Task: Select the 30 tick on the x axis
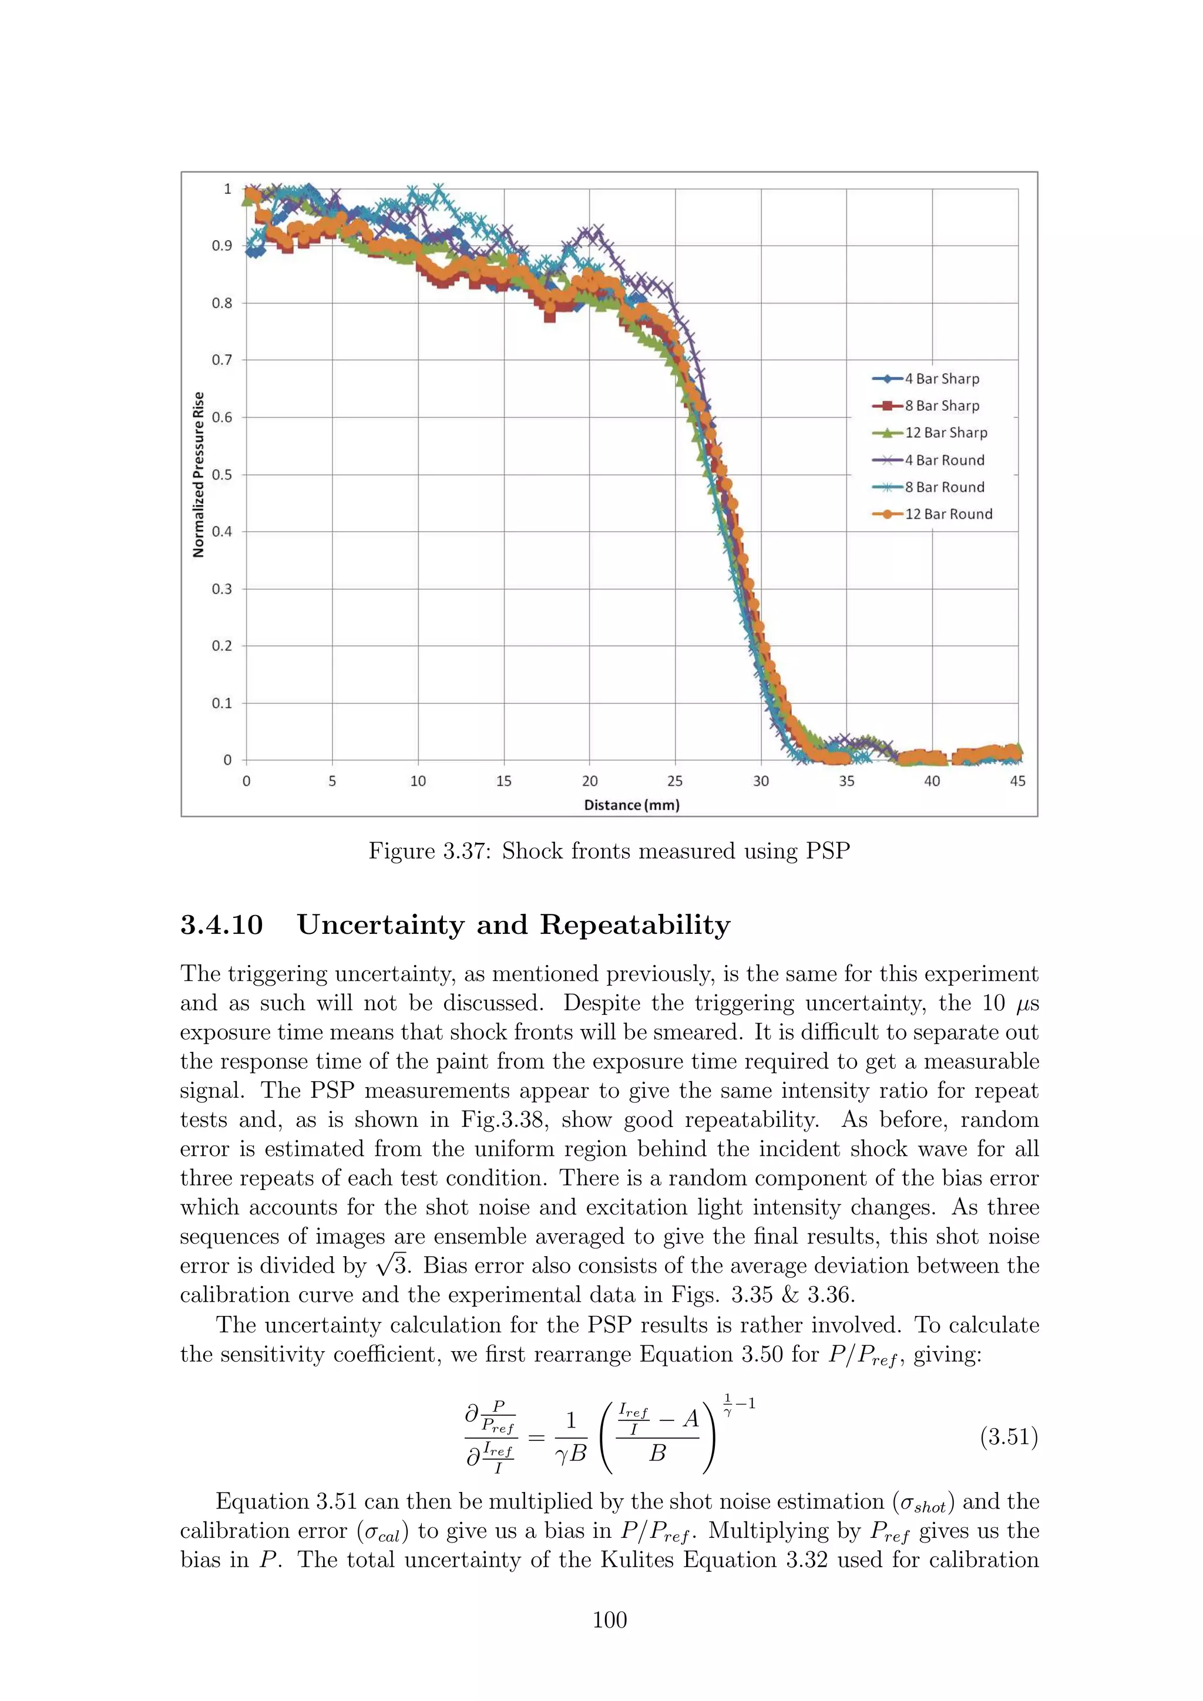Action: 761,781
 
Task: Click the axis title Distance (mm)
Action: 631,805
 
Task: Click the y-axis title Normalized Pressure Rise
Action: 198,474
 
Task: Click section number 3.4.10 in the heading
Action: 221,925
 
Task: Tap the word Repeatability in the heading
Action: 634,925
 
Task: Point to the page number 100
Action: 609,1619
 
